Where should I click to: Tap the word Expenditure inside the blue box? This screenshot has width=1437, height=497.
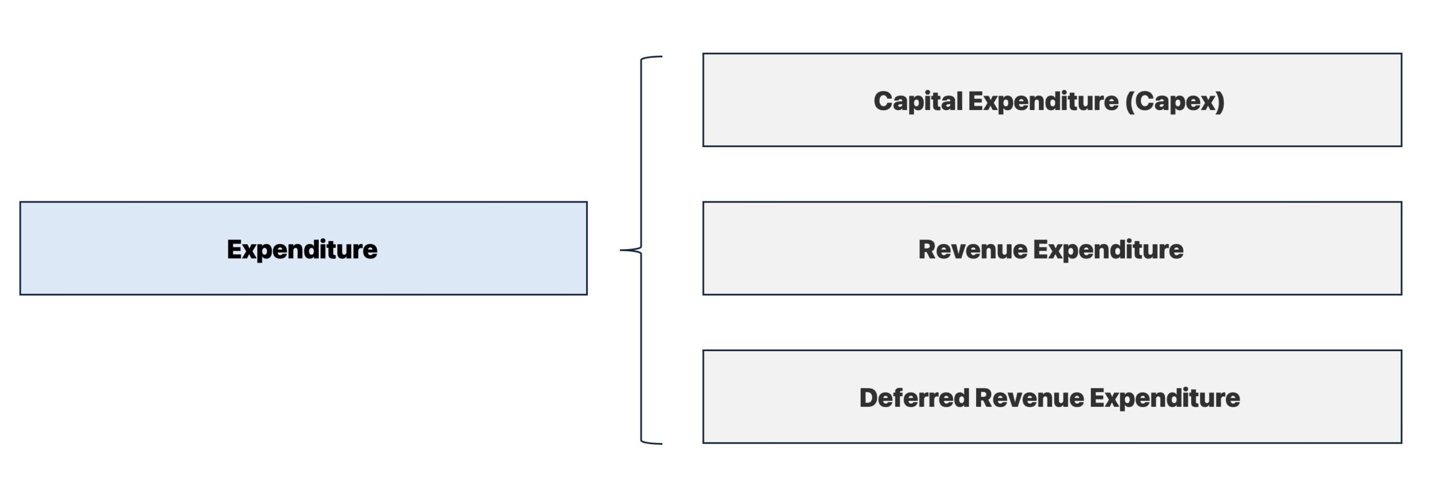(302, 250)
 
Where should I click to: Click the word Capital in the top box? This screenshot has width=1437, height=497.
(917, 102)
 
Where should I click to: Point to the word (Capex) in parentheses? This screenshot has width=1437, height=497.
(1174, 102)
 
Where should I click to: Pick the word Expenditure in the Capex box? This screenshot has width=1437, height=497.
(1042, 102)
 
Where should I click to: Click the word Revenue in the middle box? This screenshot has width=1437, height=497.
(972, 250)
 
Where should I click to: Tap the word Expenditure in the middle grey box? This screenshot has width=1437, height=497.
(1108, 250)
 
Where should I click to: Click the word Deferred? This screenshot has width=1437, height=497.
(914, 398)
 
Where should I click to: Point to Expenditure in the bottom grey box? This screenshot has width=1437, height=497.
(1165, 398)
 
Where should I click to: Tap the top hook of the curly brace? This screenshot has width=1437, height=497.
(654, 57)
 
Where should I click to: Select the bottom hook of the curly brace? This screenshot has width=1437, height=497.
(654, 443)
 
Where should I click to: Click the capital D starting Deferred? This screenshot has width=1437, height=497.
(867, 398)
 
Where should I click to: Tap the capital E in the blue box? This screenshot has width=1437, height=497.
(234, 249)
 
